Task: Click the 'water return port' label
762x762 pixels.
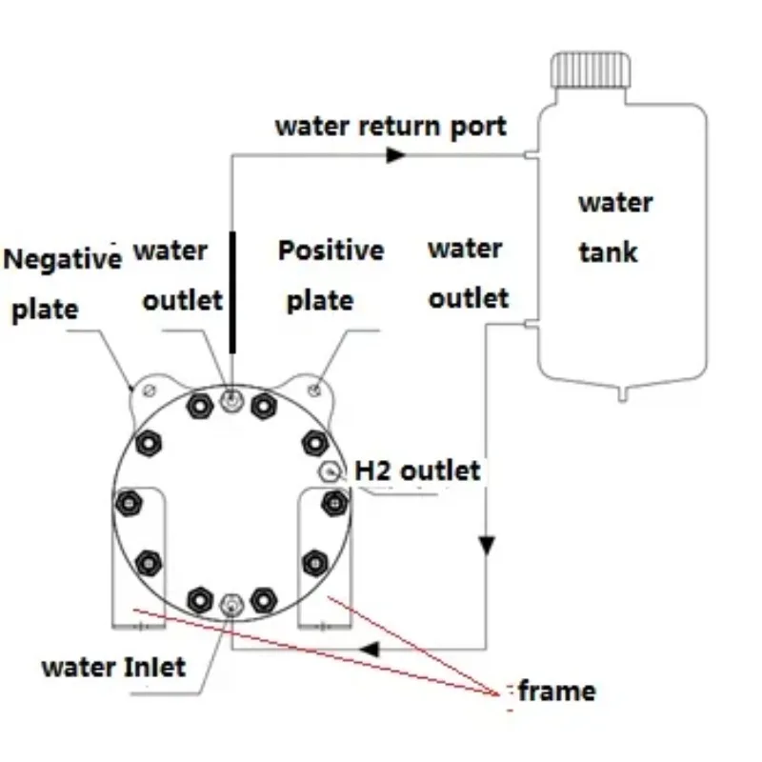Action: click(391, 126)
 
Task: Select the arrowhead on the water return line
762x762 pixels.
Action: click(396, 154)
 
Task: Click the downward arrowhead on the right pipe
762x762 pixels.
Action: click(487, 546)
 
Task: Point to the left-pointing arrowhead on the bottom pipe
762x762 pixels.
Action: click(372, 650)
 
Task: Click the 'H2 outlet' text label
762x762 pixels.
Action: click(417, 470)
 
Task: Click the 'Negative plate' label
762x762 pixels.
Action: click(63, 284)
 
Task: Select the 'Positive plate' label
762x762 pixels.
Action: click(330, 275)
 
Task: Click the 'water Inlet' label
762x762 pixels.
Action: click(113, 666)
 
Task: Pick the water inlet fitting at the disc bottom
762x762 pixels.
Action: click(230, 604)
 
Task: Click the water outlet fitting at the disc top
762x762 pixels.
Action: click(230, 401)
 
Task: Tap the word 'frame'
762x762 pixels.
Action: click(557, 691)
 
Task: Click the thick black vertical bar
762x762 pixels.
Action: click(231, 291)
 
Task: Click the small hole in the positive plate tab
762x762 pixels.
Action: click(316, 388)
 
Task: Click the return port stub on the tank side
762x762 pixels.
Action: click(531, 155)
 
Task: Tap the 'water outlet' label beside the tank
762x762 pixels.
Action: click(468, 273)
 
